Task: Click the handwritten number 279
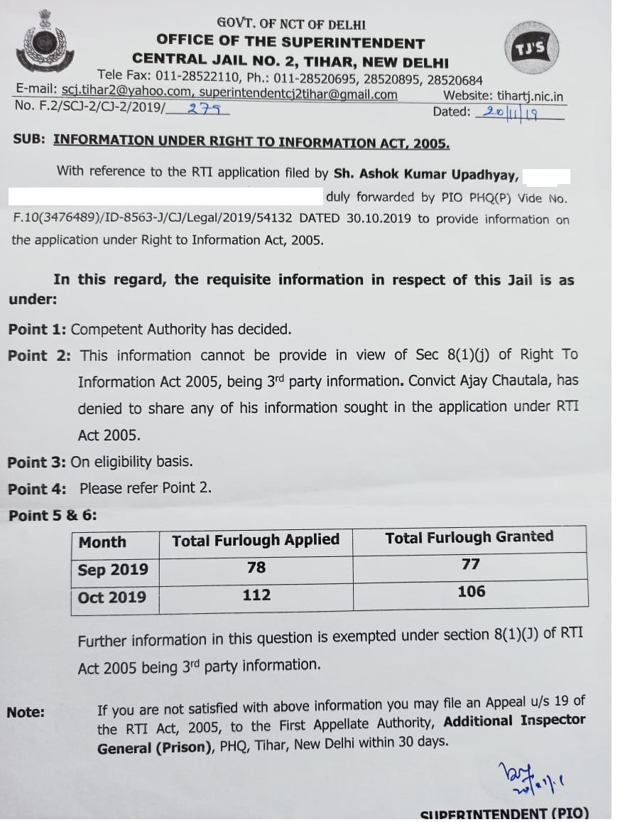coord(207,109)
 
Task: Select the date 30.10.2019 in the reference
coord(379,219)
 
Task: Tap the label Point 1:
coord(37,329)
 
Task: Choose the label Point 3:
coord(37,462)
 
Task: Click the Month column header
coord(102,542)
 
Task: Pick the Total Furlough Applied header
coord(256,540)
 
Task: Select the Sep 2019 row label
coord(113,570)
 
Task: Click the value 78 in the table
coord(256,568)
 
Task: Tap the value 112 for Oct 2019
coord(256,595)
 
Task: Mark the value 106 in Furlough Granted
coord(471,591)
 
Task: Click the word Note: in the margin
coord(26,712)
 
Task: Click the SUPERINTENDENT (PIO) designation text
coord(504,814)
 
